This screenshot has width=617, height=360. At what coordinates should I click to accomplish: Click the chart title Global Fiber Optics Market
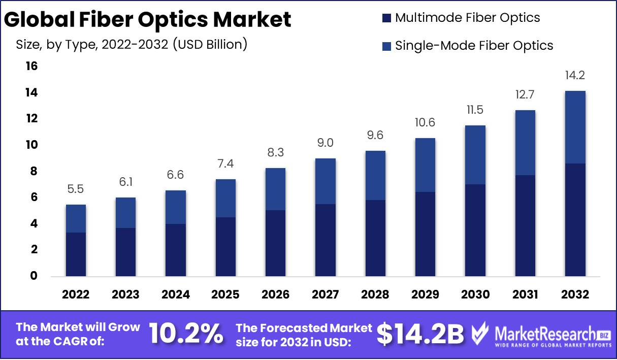tap(148, 19)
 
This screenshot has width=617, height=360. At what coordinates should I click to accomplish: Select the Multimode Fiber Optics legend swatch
tap(386, 18)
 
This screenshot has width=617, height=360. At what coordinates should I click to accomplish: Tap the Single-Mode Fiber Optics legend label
tap(474, 45)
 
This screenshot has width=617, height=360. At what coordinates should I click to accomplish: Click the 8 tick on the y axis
tap(34, 172)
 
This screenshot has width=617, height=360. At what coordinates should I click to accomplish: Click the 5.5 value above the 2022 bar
tap(76, 189)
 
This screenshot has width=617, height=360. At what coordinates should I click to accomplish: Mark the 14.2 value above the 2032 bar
tap(574, 76)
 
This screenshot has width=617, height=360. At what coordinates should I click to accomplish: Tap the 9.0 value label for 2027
tap(325, 143)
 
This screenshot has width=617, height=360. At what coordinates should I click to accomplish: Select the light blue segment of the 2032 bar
tap(574, 127)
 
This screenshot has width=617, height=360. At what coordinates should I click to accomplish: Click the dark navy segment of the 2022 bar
tap(76, 254)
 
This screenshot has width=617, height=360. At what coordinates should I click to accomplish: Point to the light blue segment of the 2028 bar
tap(375, 175)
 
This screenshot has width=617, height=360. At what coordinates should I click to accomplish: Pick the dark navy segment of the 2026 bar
tap(275, 243)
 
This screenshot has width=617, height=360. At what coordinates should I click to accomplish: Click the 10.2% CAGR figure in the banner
tap(186, 334)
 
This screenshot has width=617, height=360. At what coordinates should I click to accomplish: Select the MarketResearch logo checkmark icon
tap(480, 334)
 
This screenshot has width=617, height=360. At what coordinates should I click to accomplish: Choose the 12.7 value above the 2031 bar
tap(525, 95)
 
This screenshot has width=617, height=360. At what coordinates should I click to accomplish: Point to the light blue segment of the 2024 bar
tap(175, 207)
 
